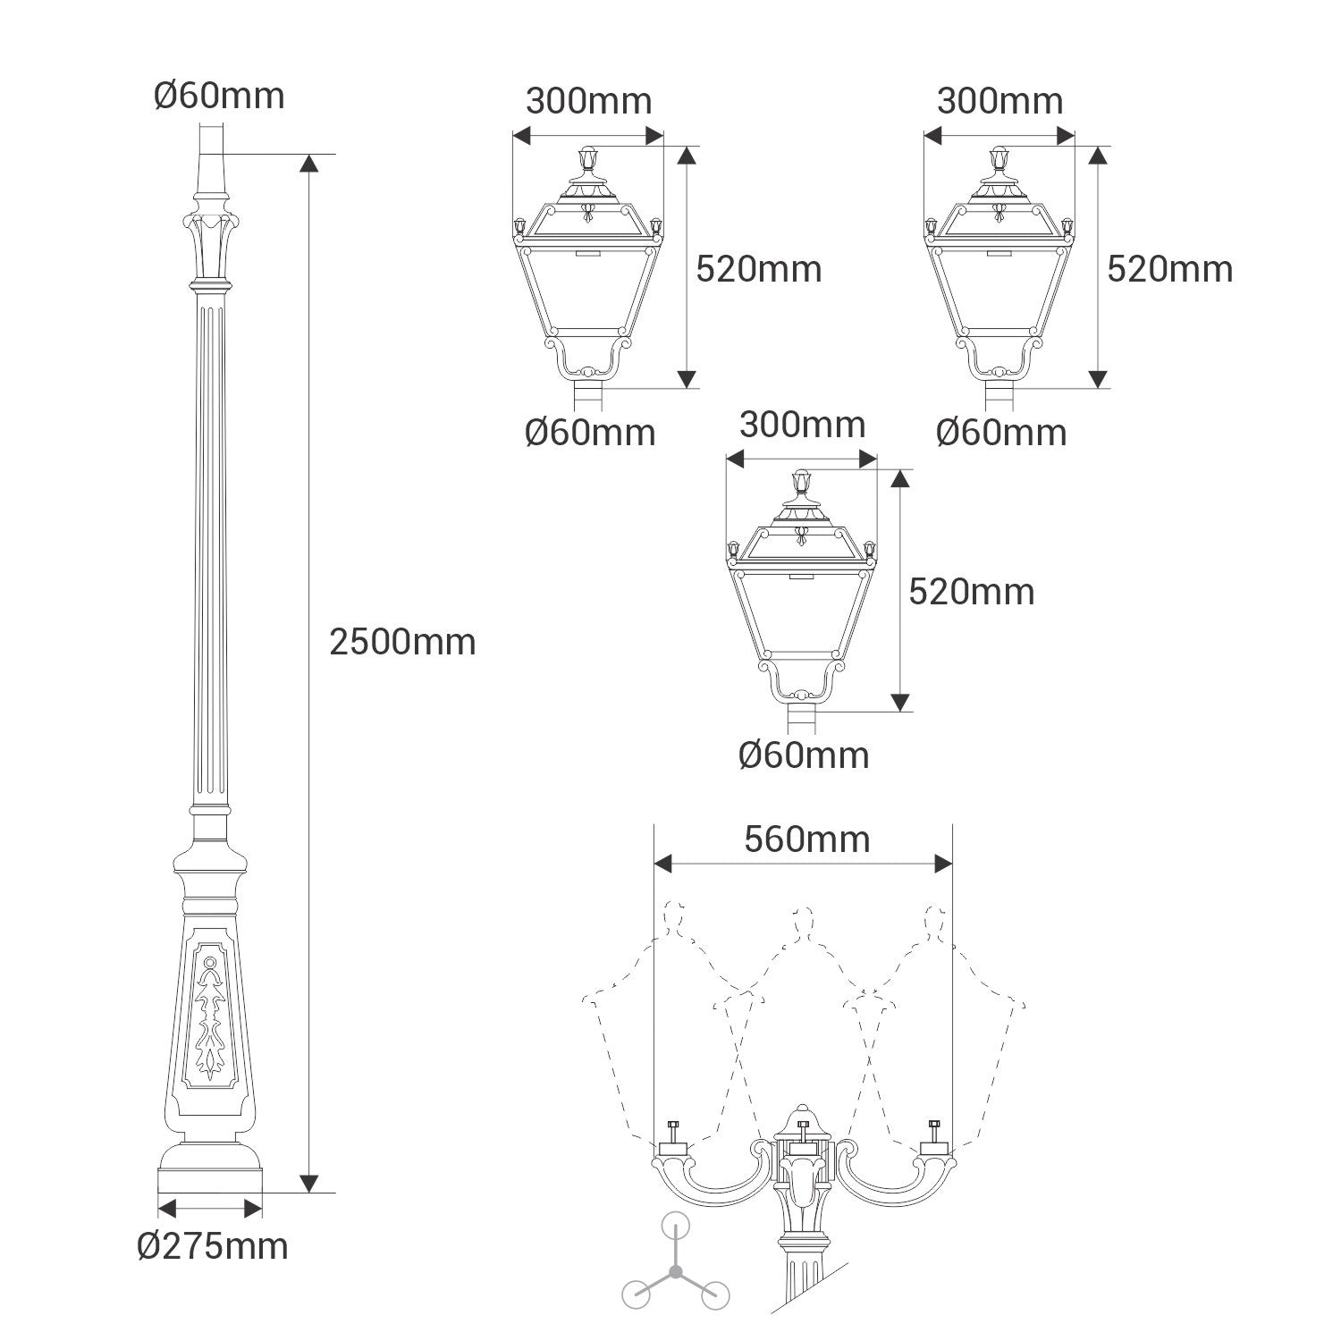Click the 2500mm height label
(x=402, y=642)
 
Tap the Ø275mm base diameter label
(x=213, y=1245)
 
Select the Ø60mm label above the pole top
(x=219, y=95)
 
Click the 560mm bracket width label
(x=806, y=839)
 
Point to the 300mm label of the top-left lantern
(x=588, y=101)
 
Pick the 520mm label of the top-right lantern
(x=1169, y=268)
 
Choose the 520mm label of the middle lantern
(x=972, y=591)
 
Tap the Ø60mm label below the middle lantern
(x=804, y=755)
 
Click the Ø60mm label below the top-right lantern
(x=1001, y=433)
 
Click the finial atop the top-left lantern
(x=588, y=159)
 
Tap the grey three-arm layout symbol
(x=676, y=1270)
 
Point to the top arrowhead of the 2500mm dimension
(x=308, y=164)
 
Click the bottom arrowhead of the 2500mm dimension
(x=308, y=1183)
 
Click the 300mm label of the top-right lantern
(x=999, y=101)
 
